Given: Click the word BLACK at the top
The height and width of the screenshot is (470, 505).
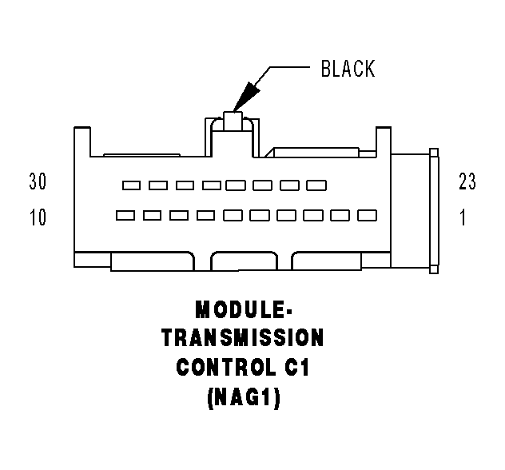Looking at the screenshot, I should pos(347,69).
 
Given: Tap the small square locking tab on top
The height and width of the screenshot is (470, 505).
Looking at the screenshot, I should pos(233,121).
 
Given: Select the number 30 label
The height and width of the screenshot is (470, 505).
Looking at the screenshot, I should pos(38,183).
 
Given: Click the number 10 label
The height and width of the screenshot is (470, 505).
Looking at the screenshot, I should pos(38,217).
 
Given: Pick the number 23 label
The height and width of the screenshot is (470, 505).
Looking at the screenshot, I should pos(467,183).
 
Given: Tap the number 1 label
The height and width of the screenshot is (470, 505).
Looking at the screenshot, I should pos(463,217).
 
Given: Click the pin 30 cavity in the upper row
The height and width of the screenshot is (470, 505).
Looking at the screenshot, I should pos(131,185).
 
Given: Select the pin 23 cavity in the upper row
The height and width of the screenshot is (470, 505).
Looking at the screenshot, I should pos(316,185).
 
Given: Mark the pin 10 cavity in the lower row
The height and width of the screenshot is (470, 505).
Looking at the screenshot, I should pos(125,215).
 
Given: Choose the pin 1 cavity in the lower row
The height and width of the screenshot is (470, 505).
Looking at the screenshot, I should pos(367,215).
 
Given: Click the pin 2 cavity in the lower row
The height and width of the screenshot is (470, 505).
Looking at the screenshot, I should pos(340,215).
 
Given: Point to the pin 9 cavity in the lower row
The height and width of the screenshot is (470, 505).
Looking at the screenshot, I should pos(152,215).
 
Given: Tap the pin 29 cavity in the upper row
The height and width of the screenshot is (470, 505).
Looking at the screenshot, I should pos(158,185).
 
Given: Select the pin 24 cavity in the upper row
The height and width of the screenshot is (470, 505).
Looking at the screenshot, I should pos(290,185).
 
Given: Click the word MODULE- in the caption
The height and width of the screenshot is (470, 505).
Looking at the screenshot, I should pos(242,310).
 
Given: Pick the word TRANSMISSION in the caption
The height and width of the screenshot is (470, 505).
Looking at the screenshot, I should pos(242,338).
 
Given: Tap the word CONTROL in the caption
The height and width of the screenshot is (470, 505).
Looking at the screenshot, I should pos(225,368).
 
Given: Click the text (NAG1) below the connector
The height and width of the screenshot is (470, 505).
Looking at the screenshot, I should pos(242,397).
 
